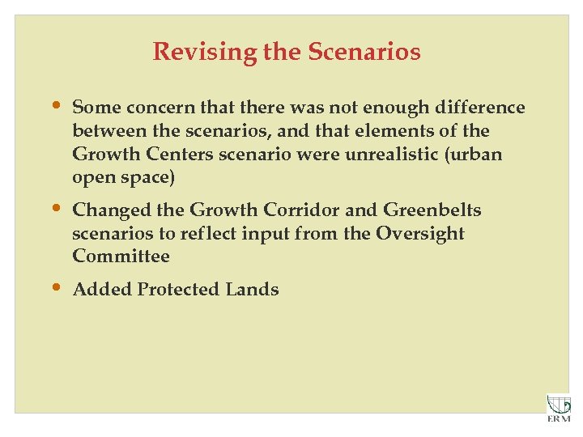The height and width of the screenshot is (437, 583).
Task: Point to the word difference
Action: [x=482, y=108]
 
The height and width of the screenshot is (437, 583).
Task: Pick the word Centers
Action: [x=168, y=154]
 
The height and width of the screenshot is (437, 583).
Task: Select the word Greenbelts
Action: [x=432, y=210]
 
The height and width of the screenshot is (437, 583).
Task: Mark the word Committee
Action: [x=121, y=257]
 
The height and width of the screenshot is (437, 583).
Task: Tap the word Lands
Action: [x=251, y=290]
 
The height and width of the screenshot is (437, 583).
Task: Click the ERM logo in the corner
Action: [x=559, y=408]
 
